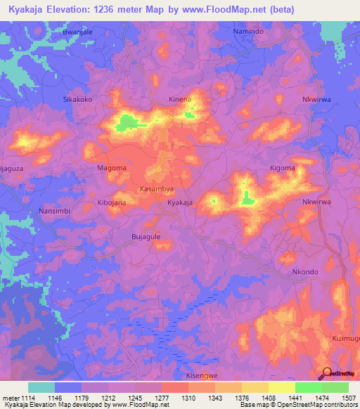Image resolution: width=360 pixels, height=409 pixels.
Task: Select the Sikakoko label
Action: (x=78, y=100)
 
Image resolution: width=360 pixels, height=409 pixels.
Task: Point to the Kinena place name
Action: (x=180, y=100)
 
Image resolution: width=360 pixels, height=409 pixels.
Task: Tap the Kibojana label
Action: (x=111, y=202)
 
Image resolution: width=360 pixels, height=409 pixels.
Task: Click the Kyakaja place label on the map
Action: (x=180, y=202)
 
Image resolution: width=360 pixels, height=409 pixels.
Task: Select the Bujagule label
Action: (x=146, y=237)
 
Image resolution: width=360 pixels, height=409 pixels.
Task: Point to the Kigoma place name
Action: (x=283, y=168)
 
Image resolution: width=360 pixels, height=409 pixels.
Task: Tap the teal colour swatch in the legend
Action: (x=41, y=387)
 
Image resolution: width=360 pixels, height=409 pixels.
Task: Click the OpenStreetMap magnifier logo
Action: (x=327, y=374)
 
